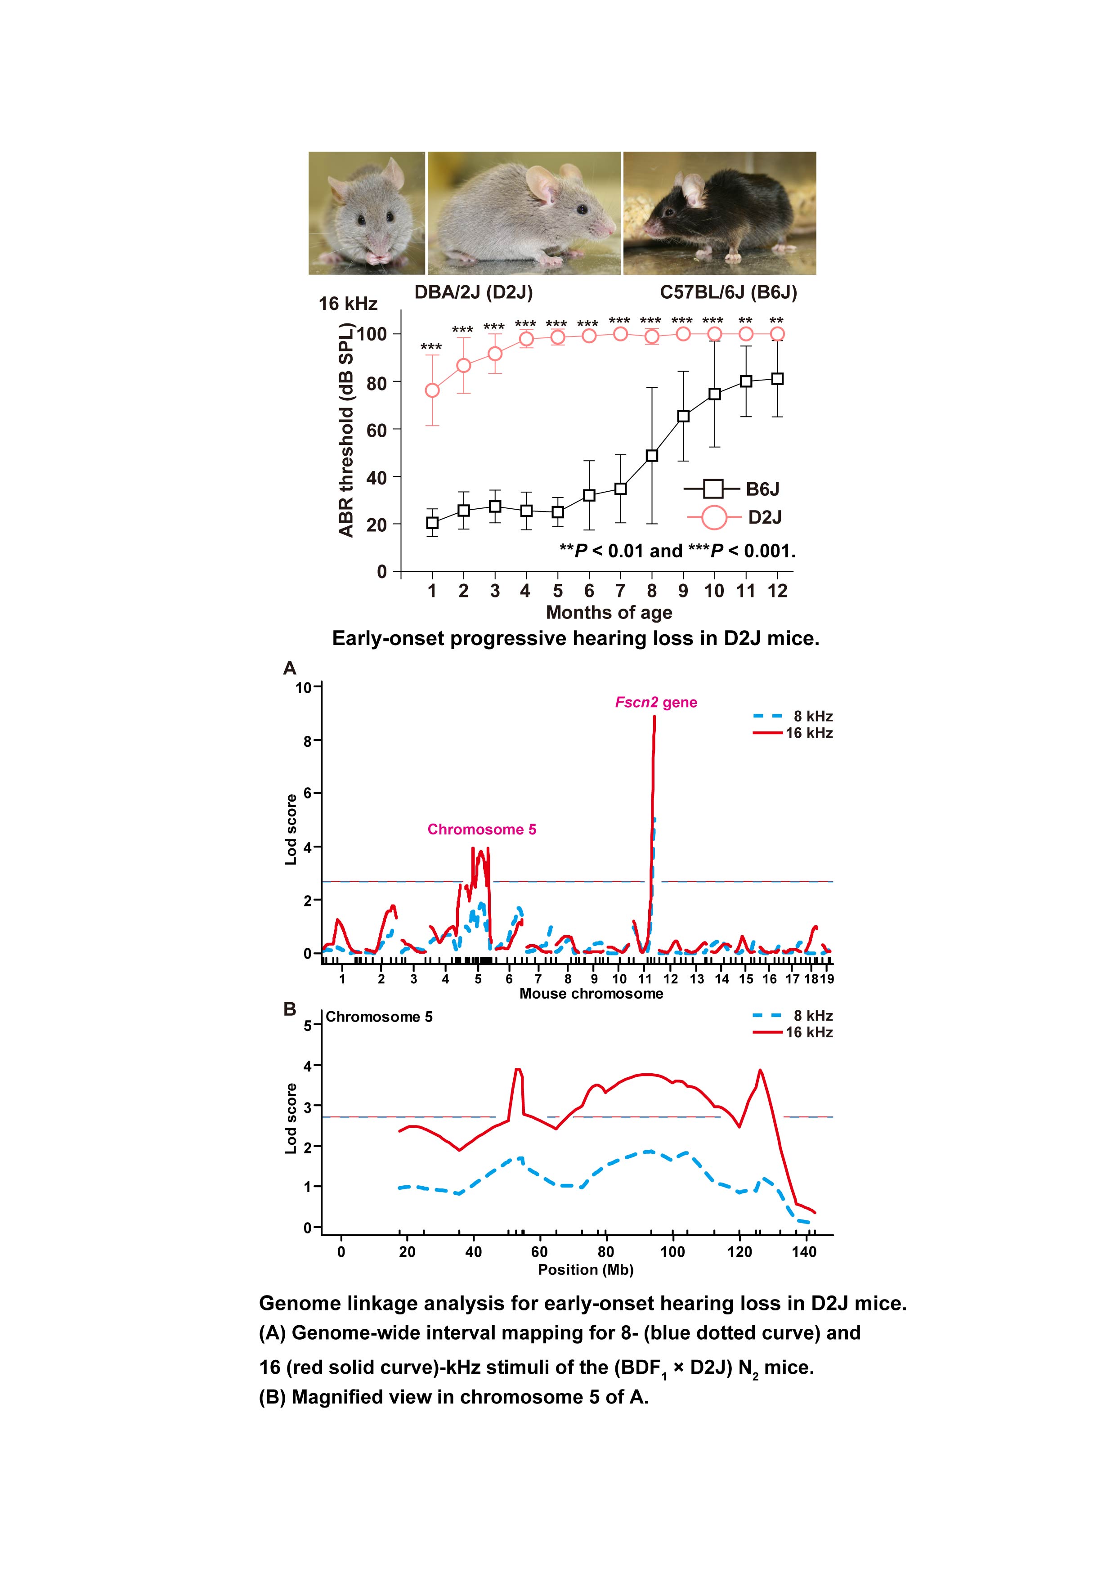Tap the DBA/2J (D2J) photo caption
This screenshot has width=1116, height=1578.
pyautogui.click(x=474, y=293)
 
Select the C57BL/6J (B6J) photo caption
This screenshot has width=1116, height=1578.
pyautogui.click(x=728, y=293)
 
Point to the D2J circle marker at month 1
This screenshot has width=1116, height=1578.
pyautogui.click(x=432, y=390)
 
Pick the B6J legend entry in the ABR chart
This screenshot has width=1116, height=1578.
pyautogui.click(x=732, y=489)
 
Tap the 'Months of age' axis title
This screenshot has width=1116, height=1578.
pyautogui.click(x=609, y=612)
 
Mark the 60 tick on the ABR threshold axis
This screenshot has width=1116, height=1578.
pyautogui.click(x=376, y=430)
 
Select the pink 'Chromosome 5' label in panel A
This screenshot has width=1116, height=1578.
pyautogui.click(x=482, y=829)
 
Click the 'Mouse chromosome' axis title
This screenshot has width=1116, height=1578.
pyautogui.click(x=592, y=994)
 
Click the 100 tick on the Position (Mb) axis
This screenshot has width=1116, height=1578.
pyautogui.click(x=672, y=1251)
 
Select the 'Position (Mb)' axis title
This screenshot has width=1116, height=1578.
pyautogui.click(x=586, y=1269)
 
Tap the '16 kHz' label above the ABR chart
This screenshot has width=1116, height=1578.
pyautogui.click(x=348, y=304)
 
